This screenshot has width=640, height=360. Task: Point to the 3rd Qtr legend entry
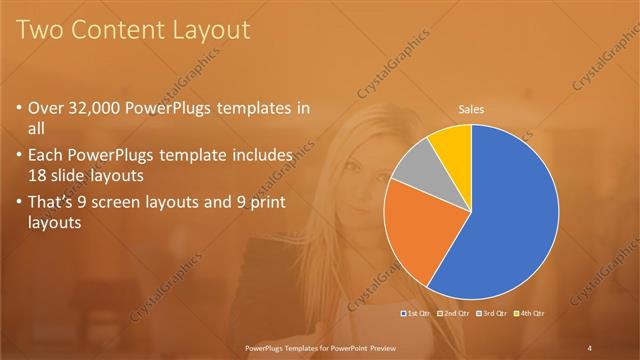(491, 314)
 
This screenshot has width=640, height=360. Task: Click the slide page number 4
(590, 347)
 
